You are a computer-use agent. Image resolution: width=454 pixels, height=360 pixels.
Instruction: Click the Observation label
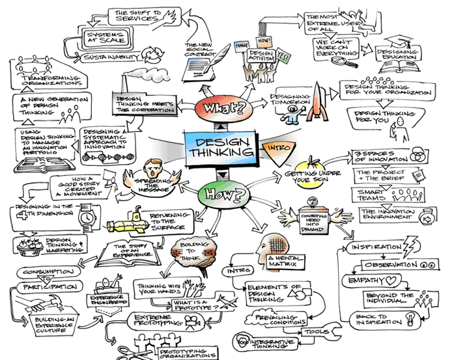click(398, 265)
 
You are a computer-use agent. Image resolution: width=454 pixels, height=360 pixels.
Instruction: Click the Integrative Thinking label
click(279, 341)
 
